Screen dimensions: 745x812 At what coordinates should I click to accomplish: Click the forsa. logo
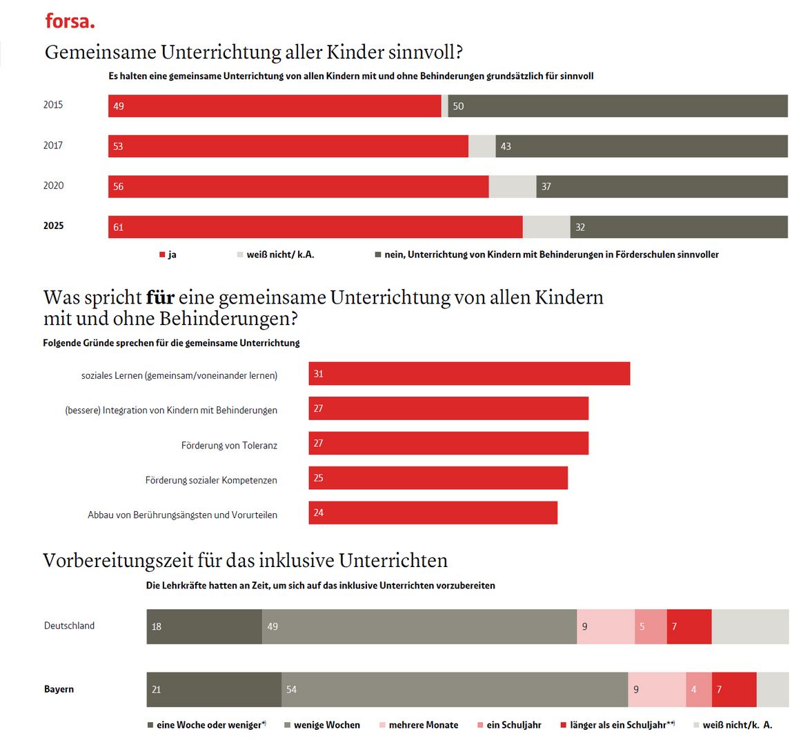coord(70,21)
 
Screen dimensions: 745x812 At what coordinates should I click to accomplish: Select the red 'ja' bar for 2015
coord(275,106)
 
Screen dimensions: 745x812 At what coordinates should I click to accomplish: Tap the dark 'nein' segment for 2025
coord(679,227)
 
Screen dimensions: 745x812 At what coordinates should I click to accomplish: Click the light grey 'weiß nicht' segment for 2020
coord(513,187)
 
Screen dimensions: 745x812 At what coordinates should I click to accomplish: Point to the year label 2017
coord(53,146)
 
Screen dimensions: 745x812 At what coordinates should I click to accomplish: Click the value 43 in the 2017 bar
coord(506,146)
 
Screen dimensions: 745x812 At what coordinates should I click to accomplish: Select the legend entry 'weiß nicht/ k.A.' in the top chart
coord(279,255)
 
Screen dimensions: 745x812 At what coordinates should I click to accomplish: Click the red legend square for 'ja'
coord(162,255)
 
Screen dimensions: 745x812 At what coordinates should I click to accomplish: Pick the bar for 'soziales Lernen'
coord(469,374)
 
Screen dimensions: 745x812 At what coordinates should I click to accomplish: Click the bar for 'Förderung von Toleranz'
coord(448,444)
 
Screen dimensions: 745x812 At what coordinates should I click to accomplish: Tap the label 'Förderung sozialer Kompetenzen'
coord(211,480)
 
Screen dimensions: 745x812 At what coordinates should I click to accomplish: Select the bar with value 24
coord(433,513)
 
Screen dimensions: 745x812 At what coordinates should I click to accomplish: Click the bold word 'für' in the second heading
coord(160,297)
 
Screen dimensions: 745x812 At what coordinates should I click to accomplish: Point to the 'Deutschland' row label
coord(69,626)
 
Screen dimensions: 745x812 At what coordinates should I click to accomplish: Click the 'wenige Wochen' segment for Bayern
coord(455,690)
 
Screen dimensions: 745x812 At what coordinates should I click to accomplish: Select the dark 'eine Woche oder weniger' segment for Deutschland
coord(204,626)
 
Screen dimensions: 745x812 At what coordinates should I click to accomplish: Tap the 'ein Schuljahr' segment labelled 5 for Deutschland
coord(651,626)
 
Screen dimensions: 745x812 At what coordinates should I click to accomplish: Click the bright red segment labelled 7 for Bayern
coord(734,690)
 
